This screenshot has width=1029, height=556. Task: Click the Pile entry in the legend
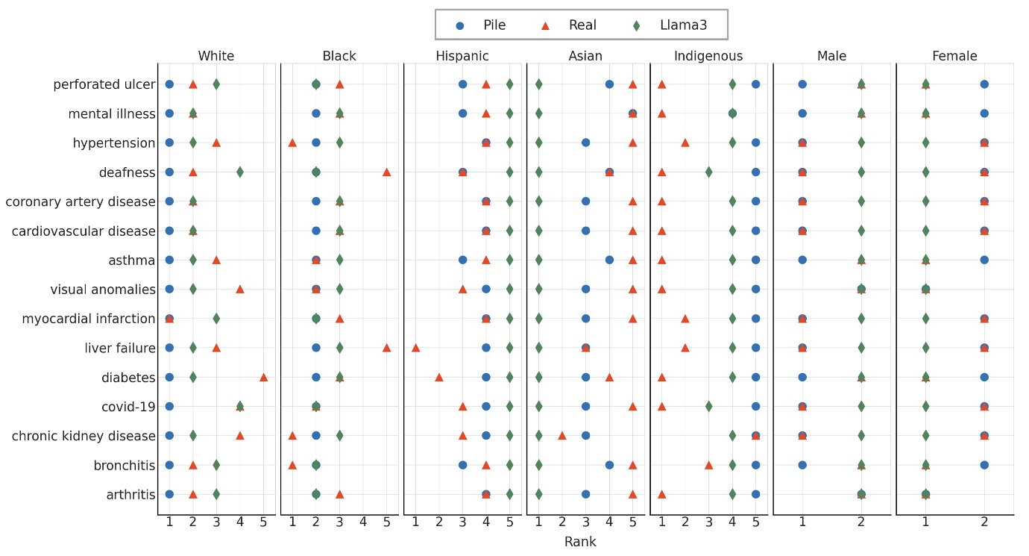482,25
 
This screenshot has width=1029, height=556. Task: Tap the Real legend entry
570,25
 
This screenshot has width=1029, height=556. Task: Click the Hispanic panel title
462,57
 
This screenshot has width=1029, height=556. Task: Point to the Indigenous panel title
708,57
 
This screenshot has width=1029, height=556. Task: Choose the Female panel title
954,57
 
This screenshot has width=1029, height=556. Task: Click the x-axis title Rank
580,542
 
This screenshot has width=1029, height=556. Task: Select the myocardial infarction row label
89,319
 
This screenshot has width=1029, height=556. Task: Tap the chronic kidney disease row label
84,436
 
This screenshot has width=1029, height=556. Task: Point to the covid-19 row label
128,407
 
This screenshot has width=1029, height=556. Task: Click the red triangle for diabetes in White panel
263,377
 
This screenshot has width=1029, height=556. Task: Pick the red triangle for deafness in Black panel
386,172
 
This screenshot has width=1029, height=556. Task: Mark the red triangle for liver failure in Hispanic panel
415,348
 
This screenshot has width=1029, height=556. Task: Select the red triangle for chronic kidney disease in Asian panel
561,435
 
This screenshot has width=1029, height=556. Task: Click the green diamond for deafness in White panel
239,172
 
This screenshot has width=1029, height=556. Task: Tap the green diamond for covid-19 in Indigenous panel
708,407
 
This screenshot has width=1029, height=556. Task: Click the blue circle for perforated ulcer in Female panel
984,84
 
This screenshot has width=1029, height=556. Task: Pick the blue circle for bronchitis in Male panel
802,465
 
